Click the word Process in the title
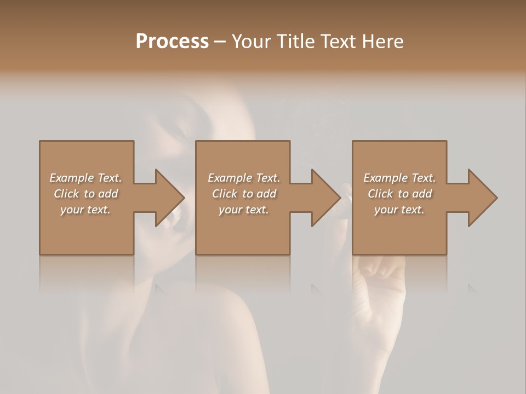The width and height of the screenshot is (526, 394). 172,42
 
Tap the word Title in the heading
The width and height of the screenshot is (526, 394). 293,42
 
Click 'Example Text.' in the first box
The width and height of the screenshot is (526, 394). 86,178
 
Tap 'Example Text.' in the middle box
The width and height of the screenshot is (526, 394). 244,178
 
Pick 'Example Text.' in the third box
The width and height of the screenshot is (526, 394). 399,178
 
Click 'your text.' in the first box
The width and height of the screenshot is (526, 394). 85,210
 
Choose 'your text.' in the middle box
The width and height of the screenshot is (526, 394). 243,210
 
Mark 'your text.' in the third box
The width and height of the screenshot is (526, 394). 399,210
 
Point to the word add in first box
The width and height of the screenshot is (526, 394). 108,194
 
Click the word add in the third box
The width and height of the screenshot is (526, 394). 422,194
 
